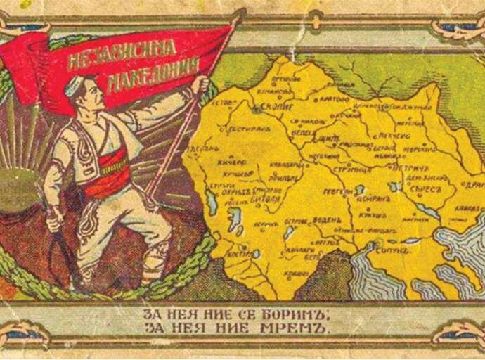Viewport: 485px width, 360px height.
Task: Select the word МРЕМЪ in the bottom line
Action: (x=304, y=328)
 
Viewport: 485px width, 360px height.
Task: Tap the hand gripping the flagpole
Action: (x=202, y=84)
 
